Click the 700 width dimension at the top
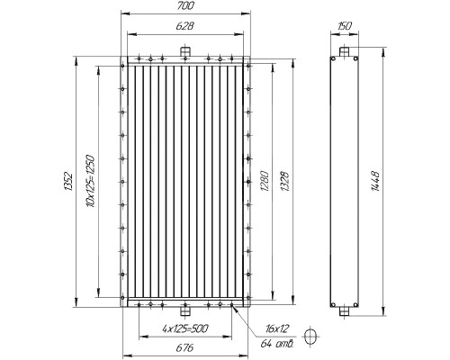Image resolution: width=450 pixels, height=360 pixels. (x=185, y=5)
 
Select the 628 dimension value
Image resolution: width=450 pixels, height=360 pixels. (x=184, y=26)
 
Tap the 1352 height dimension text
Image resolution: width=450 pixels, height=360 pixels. (x=68, y=181)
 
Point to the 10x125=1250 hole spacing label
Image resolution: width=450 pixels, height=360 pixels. (x=90, y=181)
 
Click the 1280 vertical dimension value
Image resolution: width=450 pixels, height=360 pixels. (x=264, y=182)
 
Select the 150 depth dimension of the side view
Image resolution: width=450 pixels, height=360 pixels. (x=345, y=26)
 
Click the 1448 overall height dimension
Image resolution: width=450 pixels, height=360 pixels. (x=375, y=181)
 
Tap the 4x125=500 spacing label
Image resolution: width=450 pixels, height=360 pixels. (x=185, y=328)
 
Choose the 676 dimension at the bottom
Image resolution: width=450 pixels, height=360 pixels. (x=184, y=348)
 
